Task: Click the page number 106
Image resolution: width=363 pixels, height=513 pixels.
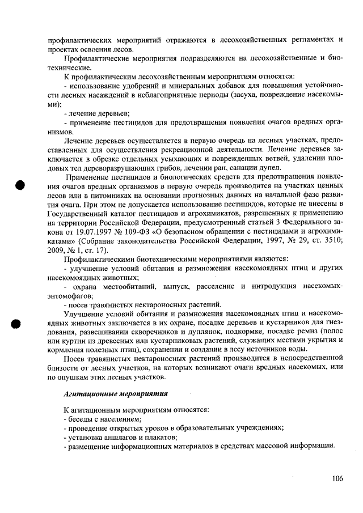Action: click(x=337, y=479)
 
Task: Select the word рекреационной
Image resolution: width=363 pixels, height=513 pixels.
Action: click(x=196, y=149)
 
